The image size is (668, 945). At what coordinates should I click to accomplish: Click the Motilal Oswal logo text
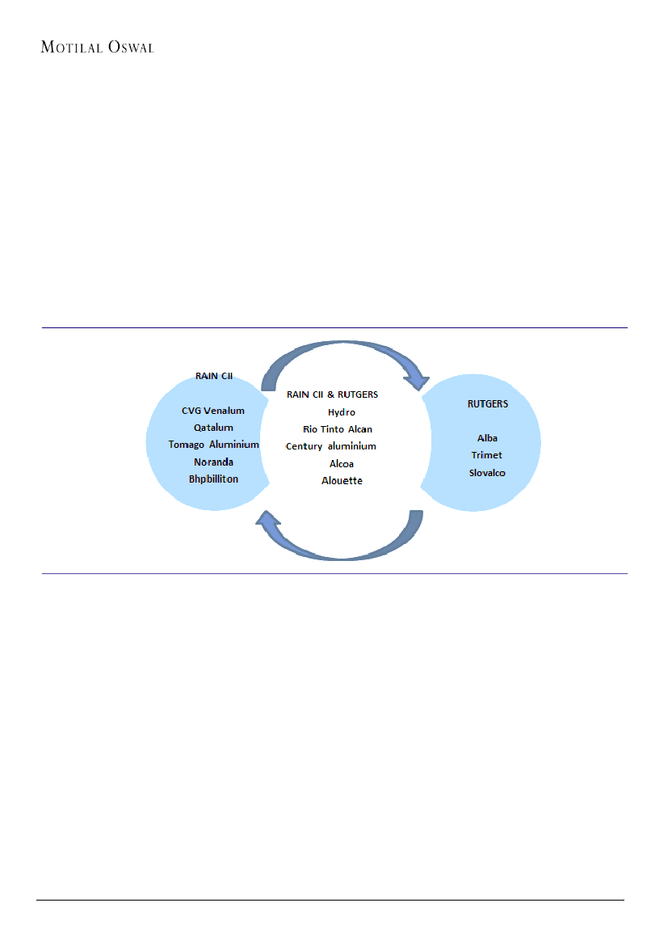pyautogui.click(x=97, y=47)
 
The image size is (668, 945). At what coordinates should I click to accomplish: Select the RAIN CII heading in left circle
pyautogui.click(x=214, y=376)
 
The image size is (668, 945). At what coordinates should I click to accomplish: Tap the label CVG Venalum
pyautogui.click(x=212, y=411)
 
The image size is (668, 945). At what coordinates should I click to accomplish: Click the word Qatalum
pyautogui.click(x=213, y=428)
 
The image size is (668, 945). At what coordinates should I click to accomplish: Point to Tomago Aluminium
pyautogui.click(x=213, y=445)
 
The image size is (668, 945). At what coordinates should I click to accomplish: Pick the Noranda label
pyautogui.click(x=213, y=462)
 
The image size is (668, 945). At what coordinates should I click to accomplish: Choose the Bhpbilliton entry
pyautogui.click(x=213, y=479)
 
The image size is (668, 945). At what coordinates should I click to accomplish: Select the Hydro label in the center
pyautogui.click(x=341, y=412)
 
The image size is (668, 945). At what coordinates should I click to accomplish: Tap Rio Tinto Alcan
pyautogui.click(x=338, y=429)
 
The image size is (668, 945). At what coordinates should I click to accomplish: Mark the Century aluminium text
pyautogui.click(x=331, y=446)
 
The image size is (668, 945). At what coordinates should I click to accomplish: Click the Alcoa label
pyautogui.click(x=342, y=464)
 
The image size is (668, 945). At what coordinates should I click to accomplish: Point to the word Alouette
pyautogui.click(x=342, y=481)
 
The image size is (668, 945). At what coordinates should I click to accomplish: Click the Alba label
pyautogui.click(x=487, y=438)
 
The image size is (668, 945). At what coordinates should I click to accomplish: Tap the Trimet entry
pyautogui.click(x=487, y=455)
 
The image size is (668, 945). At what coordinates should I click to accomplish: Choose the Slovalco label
pyautogui.click(x=487, y=472)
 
